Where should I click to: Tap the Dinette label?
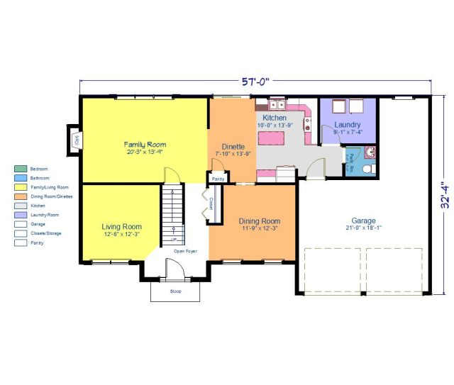pyautogui.click(x=231, y=145)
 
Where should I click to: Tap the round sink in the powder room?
pyautogui.click(x=370, y=152)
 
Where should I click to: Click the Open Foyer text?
pyautogui.click(x=186, y=252)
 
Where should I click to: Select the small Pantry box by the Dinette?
pyautogui.click(x=218, y=179)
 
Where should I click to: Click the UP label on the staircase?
pyautogui.click(x=172, y=240)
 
